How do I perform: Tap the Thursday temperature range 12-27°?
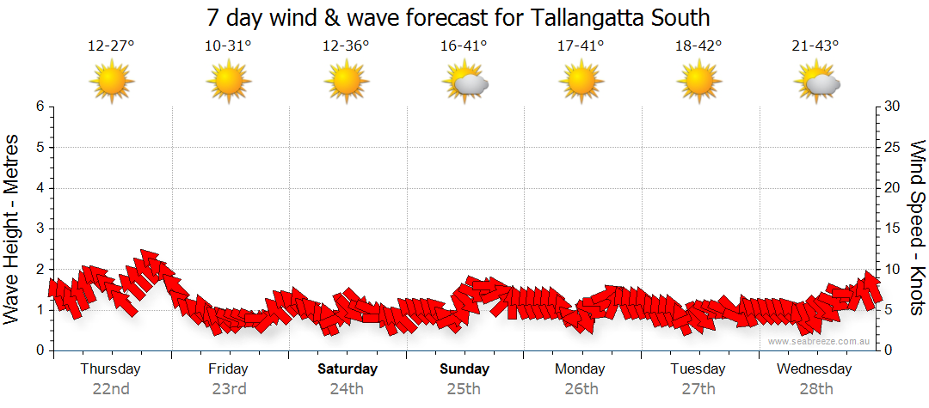pos(111,46)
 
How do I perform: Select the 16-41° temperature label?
pos(464,46)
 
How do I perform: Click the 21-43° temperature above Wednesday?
pos(816,46)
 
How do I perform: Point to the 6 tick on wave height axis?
pos(40,107)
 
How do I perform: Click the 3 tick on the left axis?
pos(40,228)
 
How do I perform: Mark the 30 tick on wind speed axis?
pos(892,107)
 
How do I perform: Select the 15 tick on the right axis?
pos(892,228)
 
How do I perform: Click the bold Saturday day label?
pos(348,369)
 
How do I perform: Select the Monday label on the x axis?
pos(581,369)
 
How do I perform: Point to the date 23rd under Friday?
pos(229,389)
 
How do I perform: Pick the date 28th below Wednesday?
pos(815,389)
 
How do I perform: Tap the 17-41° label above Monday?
pos(581,46)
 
